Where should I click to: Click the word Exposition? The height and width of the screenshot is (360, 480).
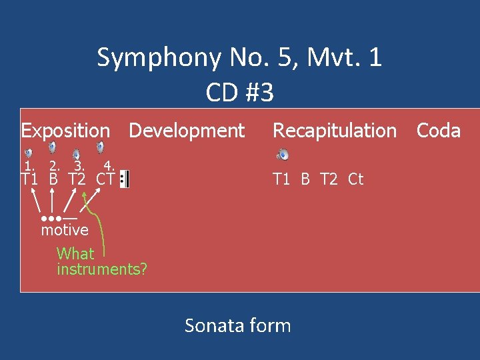[65, 131]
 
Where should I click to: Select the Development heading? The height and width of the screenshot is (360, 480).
[187, 131]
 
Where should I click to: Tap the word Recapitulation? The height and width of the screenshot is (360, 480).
[335, 131]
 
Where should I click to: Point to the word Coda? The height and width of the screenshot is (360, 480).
[439, 131]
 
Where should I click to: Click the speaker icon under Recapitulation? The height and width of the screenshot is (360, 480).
[283, 155]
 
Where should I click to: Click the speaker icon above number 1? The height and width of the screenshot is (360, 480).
[28, 153]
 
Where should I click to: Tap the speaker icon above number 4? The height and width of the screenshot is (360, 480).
[101, 147]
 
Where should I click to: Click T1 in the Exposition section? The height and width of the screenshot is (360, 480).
[29, 179]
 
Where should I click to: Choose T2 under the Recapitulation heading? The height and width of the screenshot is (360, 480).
[329, 179]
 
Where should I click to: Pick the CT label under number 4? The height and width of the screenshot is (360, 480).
[105, 179]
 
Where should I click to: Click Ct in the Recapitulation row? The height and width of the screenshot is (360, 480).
[356, 179]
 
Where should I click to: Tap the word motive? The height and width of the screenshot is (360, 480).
[65, 230]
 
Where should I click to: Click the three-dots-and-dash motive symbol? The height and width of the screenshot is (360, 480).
[59, 218]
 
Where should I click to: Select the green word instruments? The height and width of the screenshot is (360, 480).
[102, 269]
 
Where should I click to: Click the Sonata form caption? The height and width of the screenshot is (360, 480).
[237, 325]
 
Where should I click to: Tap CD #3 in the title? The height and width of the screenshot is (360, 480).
[239, 93]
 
